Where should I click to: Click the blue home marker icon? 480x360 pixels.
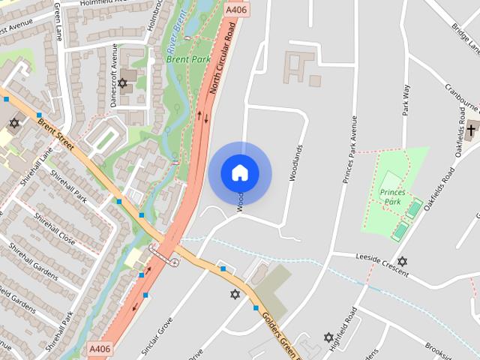[x=240, y=172]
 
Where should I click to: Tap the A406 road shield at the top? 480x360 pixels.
[x=235, y=10]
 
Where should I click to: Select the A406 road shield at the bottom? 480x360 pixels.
[x=100, y=349]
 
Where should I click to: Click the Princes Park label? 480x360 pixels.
[x=392, y=197]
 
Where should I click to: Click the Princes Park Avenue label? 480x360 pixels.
[x=348, y=150]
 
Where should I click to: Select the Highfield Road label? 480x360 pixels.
[x=351, y=328]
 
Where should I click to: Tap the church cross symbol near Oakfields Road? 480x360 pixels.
[x=471, y=130]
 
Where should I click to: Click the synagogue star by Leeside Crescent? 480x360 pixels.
[x=402, y=261]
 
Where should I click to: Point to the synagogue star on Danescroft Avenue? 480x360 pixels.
[x=122, y=83]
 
